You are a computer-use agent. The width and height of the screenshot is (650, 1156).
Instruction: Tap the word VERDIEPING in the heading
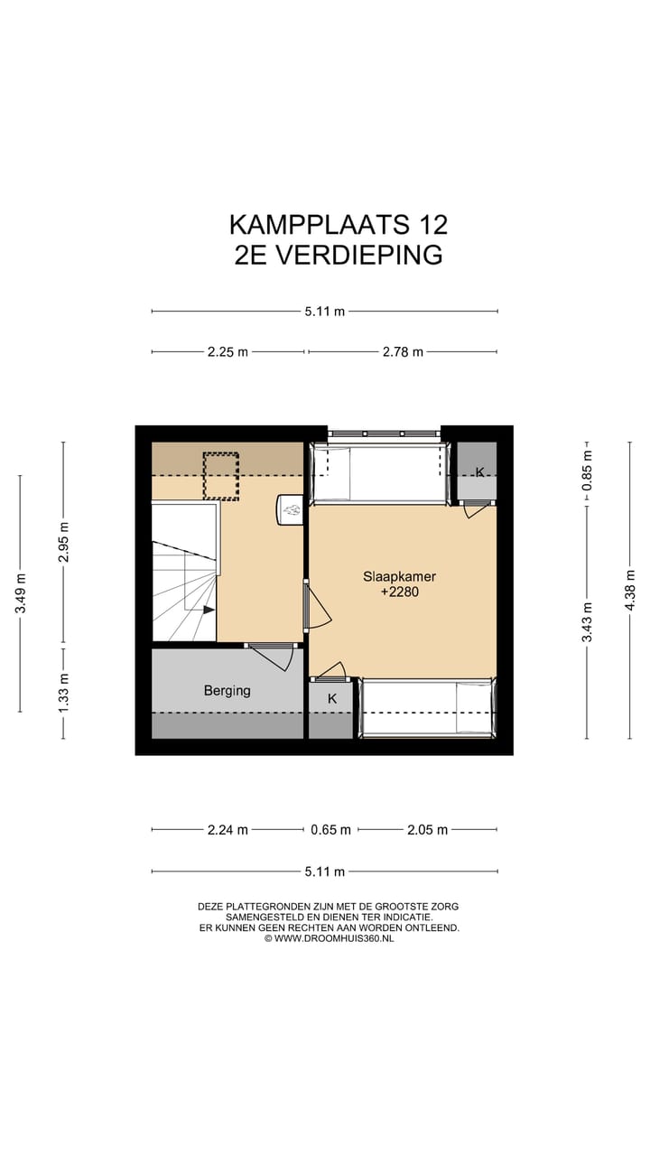359,255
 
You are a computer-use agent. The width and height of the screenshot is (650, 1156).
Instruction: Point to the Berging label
227,691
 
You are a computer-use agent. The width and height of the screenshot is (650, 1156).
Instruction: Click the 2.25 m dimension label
227,352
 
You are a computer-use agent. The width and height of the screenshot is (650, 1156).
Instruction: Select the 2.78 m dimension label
403,352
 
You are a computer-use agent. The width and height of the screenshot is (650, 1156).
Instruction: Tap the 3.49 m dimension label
20,593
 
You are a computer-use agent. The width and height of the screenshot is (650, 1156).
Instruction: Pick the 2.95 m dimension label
63,543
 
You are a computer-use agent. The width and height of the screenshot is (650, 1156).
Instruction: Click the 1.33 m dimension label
63,693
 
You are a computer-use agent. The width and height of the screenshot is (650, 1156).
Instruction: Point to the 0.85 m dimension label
587,470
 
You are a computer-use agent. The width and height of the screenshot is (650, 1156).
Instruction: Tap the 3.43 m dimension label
587,621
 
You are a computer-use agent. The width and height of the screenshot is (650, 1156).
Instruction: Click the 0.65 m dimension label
330,830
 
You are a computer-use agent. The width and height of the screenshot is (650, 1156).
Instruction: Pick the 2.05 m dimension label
428,830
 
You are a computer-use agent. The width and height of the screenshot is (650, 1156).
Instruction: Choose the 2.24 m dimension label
227,830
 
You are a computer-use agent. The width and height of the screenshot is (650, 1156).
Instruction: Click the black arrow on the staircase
209,610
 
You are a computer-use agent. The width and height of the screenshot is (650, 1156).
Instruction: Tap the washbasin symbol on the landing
291,511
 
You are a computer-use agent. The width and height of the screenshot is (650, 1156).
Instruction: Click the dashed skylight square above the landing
221,475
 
